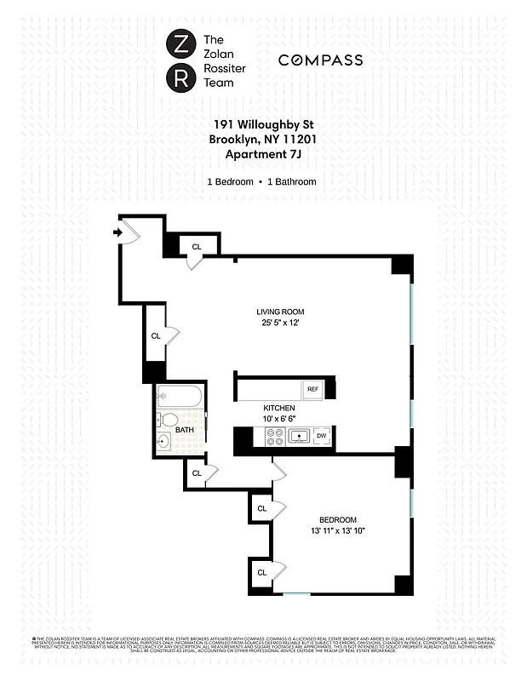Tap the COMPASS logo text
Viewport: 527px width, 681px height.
point(321,60)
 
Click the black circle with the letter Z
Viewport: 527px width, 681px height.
point(180,42)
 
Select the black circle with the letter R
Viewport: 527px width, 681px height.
point(180,79)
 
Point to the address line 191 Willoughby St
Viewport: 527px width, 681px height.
point(261,124)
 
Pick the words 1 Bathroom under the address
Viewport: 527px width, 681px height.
point(292,182)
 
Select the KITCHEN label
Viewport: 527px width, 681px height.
point(278,409)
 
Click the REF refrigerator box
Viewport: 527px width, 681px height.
point(313,389)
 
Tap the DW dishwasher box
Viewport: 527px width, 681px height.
point(321,437)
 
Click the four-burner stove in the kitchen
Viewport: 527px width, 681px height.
point(275,437)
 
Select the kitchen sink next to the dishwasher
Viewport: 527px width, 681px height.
point(299,437)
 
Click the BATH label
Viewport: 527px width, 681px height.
point(185,431)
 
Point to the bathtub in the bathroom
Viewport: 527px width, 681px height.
point(180,397)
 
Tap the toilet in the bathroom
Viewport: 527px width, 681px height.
point(168,421)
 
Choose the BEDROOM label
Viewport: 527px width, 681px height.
point(338,520)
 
